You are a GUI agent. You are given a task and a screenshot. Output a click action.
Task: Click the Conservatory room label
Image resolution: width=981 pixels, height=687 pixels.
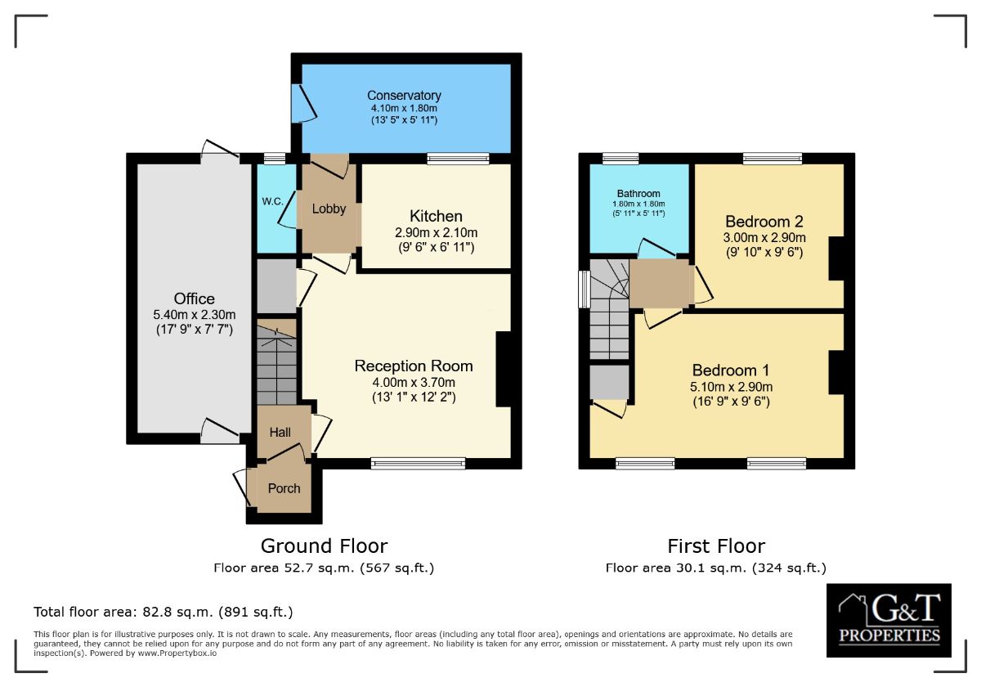[x=404, y=95]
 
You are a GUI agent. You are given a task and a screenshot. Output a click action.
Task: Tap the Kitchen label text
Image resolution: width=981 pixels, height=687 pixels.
[x=436, y=216]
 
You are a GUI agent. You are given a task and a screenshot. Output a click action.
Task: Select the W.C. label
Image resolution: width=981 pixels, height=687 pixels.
[x=272, y=201]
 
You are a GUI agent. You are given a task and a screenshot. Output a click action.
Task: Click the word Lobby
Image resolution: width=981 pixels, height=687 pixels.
[x=329, y=209]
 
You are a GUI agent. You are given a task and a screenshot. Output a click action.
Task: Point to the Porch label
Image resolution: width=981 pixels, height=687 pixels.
[x=284, y=488]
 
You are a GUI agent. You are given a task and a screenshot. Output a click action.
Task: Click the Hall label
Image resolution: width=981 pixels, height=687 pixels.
[x=280, y=433]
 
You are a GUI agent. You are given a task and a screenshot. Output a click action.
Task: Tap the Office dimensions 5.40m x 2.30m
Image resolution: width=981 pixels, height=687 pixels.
[x=195, y=315]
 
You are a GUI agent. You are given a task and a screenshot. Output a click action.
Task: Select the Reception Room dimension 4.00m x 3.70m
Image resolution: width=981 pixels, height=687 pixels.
[x=414, y=382]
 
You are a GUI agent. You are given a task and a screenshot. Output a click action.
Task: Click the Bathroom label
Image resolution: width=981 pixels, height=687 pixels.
[x=638, y=193]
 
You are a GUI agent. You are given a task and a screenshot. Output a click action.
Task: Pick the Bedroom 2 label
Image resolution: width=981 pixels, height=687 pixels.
[x=764, y=222]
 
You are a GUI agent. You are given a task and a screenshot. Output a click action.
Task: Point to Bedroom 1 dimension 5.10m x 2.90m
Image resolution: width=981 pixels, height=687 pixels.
[x=731, y=386]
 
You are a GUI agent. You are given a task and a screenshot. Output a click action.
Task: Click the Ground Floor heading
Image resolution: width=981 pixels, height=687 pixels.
[x=324, y=546]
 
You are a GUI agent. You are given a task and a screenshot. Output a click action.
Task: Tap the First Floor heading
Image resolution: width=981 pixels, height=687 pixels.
[x=716, y=546]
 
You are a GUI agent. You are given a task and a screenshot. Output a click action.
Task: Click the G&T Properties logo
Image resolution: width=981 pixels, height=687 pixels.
[x=889, y=620]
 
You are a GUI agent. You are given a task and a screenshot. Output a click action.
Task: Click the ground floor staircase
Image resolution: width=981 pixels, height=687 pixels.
[x=276, y=361]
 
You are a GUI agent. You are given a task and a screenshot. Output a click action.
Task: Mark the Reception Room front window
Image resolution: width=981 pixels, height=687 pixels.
[x=419, y=464]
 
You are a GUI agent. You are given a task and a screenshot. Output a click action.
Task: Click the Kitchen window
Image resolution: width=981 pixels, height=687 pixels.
[x=458, y=158]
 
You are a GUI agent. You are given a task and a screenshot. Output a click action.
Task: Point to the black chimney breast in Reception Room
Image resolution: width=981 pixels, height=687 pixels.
[x=504, y=370]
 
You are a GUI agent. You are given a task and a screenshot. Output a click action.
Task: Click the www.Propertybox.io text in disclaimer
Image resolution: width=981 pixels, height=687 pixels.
[x=177, y=653]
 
